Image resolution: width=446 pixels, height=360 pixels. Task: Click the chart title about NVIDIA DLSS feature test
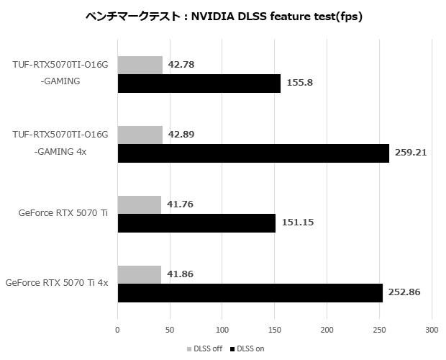[x=223, y=16]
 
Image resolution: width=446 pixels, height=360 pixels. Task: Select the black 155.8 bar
[x=199, y=84]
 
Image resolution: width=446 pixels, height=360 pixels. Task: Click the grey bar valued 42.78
[x=140, y=66]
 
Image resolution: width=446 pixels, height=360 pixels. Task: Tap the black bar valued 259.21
[x=252, y=153]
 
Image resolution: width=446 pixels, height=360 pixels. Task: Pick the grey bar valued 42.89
[x=140, y=135]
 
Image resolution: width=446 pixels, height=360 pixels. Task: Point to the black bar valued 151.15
[x=196, y=223]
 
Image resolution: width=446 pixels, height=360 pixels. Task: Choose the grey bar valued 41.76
[x=139, y=204]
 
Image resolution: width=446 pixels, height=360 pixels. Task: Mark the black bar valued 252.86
[x=250, y=293]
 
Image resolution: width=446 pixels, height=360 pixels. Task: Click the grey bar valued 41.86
[x=139, y=274]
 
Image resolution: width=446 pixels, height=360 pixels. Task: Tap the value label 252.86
[x=405, y=293]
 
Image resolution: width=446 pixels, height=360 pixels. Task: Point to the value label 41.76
[x=181, y=204]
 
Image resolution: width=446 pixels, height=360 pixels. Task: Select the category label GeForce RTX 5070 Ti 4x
[x=57, y=284]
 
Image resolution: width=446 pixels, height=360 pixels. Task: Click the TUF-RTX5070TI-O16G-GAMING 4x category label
[x=60, y=143]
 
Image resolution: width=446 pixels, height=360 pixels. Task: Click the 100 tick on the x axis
[x=222, y=330]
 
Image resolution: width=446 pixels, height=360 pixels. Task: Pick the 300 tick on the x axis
[x=431, y=330]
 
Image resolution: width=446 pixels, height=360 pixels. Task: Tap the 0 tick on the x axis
[x=117, y=330]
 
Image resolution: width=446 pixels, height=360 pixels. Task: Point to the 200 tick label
[x=326, y=330]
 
